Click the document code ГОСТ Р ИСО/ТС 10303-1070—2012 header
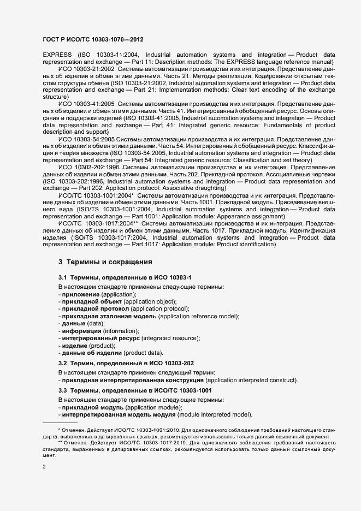[x=93, y=40]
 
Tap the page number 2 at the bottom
[x=44, y=467]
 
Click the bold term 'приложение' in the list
[x=80, y=294]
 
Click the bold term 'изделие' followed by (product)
[x=75, y=346]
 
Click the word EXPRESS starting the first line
[x=56, y=55]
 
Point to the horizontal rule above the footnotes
[x=60, y=423]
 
